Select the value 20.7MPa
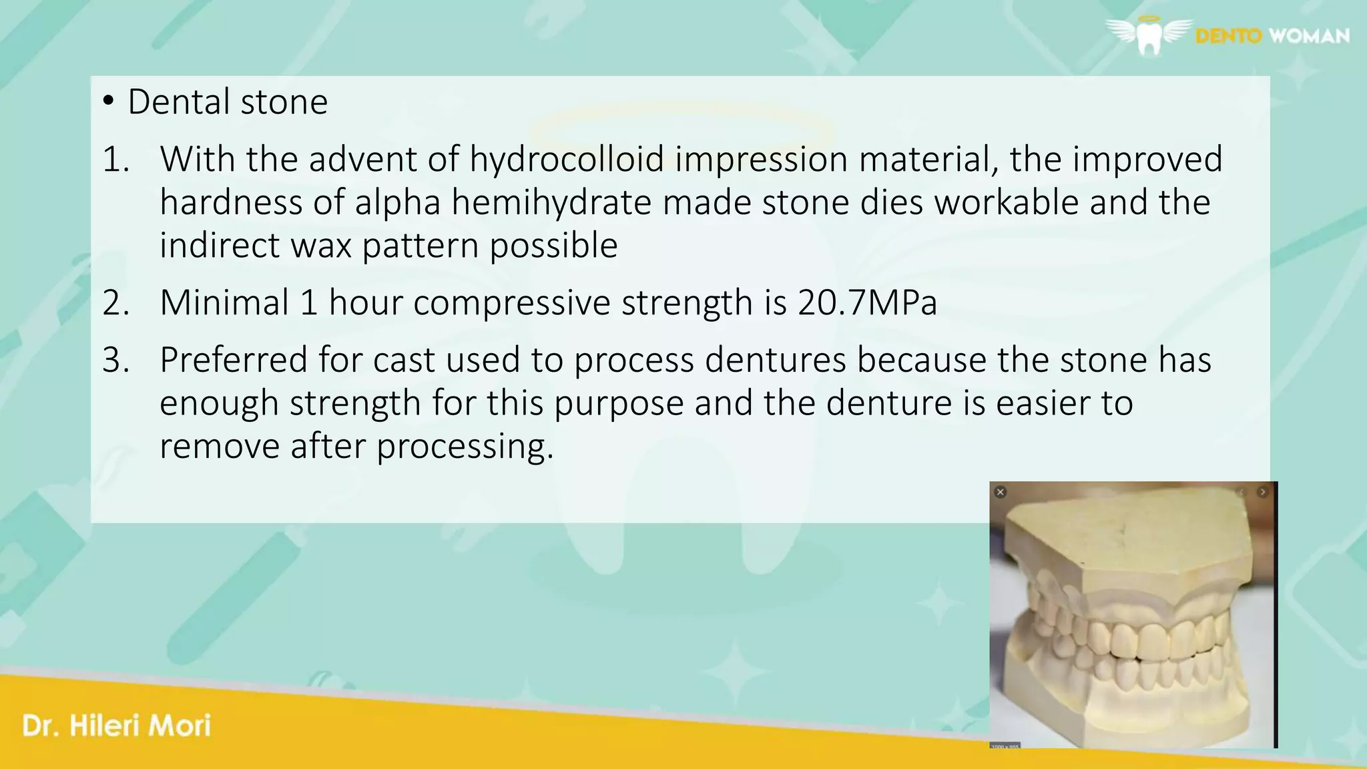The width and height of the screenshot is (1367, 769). pyautogui.click(x=867, y=302)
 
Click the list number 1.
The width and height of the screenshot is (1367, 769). pyautogui.click(x=115, y=160)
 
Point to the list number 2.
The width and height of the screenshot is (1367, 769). pyautogui.click(x=115, y=303)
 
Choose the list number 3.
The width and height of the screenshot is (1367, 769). pyautogui.click(x=115, y=360)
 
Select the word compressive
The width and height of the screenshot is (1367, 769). pyautogui.click(x=511, y=302)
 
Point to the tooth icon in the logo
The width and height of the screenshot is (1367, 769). pyautogui.click(x=1149, y=39)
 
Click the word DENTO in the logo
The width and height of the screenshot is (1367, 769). pyautogui.click(x=1228, y=35)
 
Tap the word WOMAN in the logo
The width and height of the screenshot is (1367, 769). pyautogui.click(x=1309, y=35)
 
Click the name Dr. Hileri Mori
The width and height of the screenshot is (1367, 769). pyautogui.click(x=116, y=726)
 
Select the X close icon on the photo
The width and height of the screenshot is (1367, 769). pyautogui.click(x=1000, y=492)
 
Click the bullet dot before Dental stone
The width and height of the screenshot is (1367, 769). pyautogui.click(x=108, y=102)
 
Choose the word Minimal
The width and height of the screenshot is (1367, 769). pyautogui.click(x=224, y=302)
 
